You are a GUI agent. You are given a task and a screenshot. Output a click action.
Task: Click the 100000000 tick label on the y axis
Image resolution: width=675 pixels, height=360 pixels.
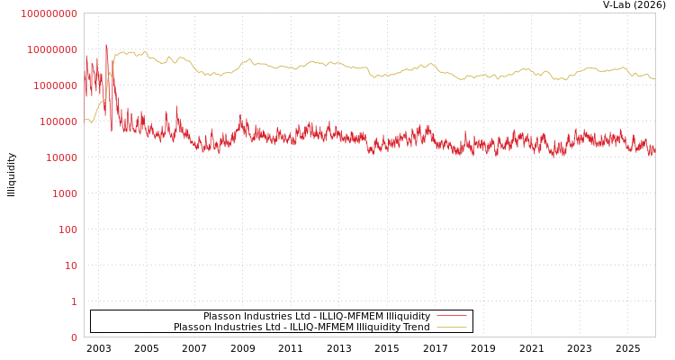point(49,13)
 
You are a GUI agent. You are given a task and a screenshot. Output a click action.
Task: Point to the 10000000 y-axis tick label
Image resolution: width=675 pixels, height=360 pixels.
point(52,49)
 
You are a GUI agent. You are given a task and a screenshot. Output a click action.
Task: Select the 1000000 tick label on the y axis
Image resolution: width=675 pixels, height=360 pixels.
point(55,85)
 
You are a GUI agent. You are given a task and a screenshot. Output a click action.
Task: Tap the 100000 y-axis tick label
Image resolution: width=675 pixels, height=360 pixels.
point(58,121)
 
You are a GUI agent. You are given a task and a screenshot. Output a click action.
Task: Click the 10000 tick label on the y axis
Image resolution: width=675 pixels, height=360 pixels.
point(60,157)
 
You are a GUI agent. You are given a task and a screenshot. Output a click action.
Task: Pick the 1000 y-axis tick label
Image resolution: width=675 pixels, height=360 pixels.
point(63,193)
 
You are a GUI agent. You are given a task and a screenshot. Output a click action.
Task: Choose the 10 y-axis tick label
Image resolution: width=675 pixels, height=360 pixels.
point(69,265)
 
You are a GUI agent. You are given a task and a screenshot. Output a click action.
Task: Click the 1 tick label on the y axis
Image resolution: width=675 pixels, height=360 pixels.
point(74,301)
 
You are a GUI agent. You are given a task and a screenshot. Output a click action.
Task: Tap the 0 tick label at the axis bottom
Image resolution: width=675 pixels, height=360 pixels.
point(74,337)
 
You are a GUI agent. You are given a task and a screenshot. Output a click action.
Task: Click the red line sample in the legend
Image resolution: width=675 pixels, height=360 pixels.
point(451,316)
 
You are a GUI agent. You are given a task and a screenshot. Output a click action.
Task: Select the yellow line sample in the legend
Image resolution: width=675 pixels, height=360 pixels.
point(451,327)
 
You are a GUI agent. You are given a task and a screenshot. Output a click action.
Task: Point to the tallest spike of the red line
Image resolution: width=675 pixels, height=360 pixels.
point(106,45)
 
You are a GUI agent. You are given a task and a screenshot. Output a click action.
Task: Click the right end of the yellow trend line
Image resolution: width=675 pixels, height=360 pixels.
point(654,79)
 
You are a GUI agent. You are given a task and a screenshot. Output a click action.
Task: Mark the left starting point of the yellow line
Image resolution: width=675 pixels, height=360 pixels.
point(85,119)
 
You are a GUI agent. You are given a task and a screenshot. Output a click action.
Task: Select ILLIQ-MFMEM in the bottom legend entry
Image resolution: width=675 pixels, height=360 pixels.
point(321,327)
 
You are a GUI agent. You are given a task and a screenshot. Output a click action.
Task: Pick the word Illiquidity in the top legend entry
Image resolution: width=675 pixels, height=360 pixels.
point(408,316)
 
